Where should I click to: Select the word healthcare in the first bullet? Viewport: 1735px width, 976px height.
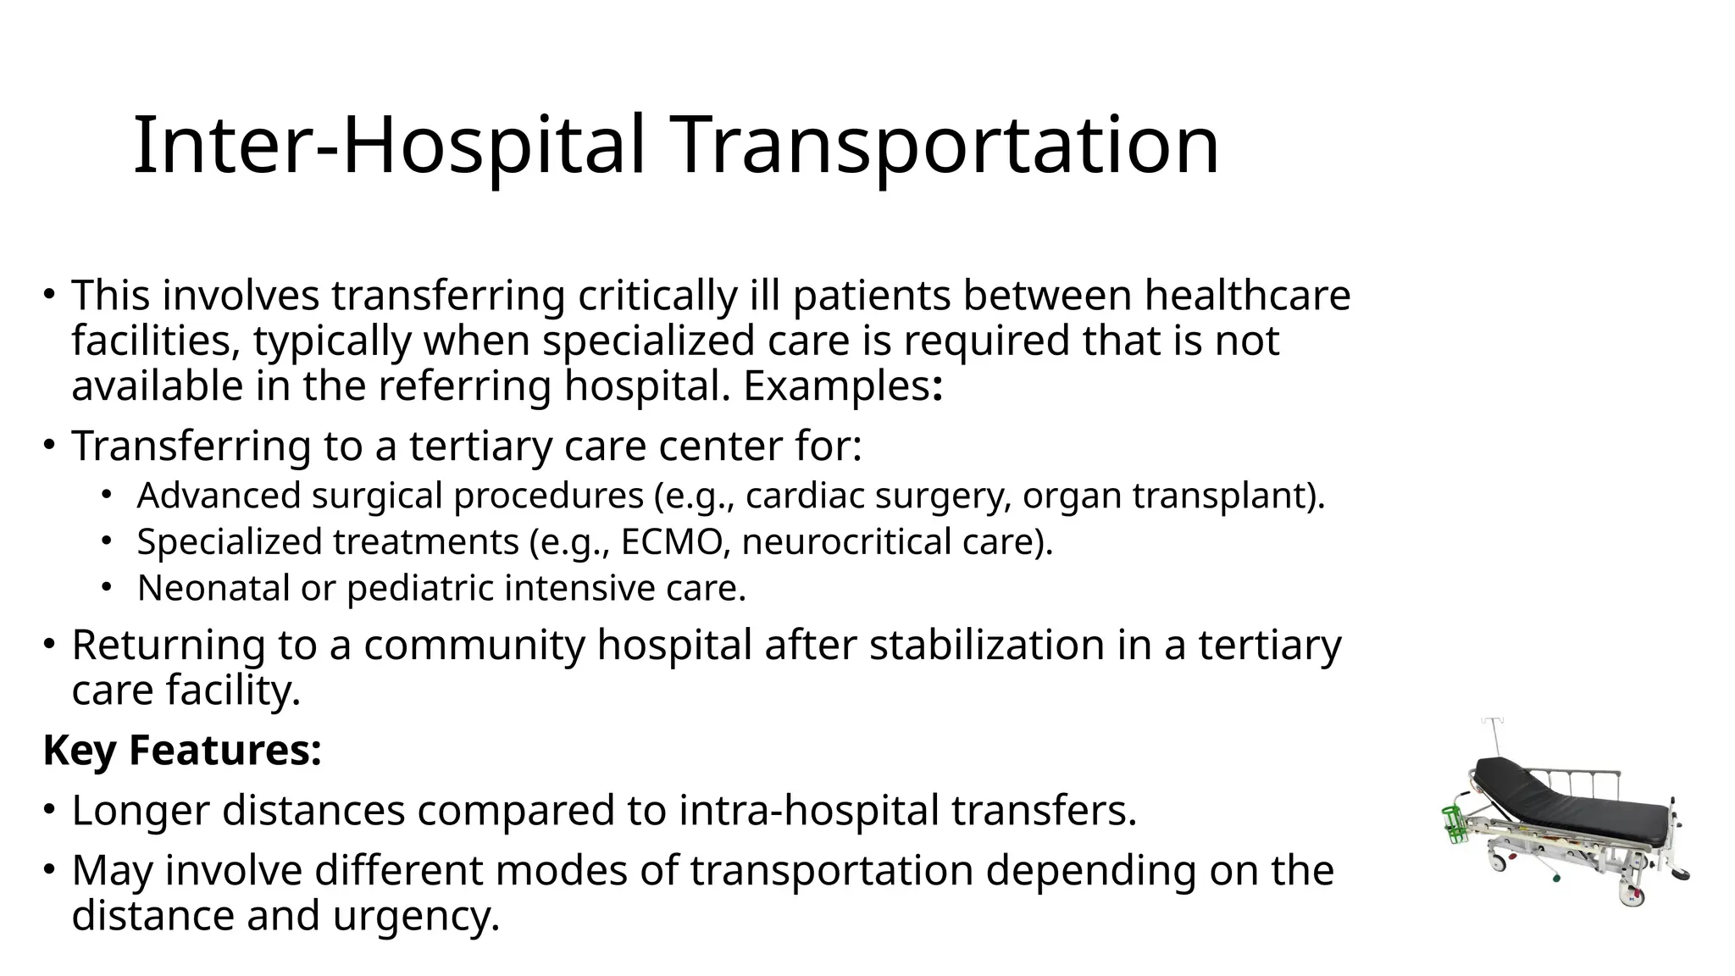(x=1247, y=296)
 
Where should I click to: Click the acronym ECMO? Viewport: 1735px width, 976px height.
(x=672, y=542)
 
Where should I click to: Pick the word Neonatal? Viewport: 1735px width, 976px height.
(x=213, y=588)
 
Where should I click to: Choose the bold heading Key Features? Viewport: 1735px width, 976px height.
(x=182, y=750)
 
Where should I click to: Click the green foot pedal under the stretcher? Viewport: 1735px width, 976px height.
(x=1556, y=879)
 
